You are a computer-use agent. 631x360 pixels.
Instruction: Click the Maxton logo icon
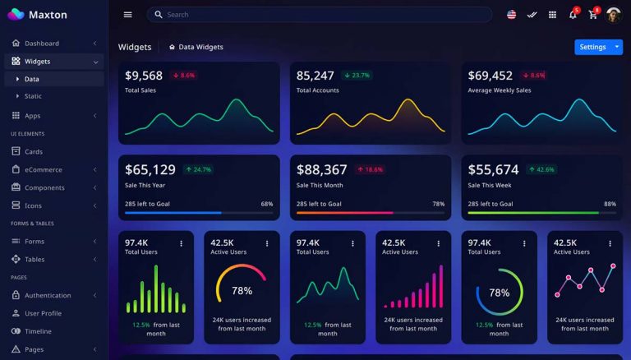16,14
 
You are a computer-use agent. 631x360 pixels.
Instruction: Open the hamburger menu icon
127,14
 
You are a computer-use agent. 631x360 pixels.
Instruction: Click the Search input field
320,14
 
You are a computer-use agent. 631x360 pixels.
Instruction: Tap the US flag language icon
511,14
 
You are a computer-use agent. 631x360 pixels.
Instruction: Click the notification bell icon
573,14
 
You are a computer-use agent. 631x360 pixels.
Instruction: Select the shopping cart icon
593,14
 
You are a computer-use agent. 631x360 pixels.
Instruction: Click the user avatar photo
614,14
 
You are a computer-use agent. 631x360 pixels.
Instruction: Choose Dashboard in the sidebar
41,44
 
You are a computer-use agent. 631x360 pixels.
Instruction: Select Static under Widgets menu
33,96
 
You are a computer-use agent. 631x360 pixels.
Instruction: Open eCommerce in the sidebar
43,170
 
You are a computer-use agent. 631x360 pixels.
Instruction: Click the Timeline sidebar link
38,331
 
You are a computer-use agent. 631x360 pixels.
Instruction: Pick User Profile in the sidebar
43,313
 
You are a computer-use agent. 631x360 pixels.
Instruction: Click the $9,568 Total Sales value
144,76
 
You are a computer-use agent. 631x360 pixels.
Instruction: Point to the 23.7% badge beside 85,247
357,75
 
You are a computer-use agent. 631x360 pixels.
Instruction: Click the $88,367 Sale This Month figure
321,169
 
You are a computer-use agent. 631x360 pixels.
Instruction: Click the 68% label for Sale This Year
267,204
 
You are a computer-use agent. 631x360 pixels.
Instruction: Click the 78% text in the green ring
499,293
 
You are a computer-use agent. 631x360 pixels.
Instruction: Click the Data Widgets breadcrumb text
200,47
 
